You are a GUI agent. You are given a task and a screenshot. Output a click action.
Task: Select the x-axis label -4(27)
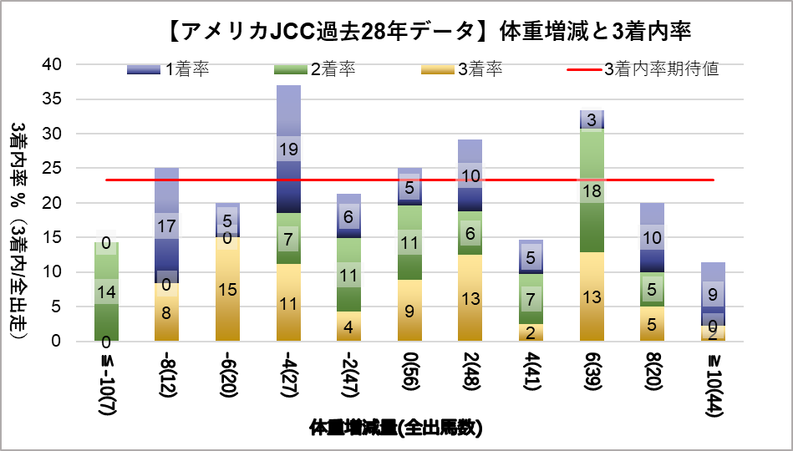coord(288,381)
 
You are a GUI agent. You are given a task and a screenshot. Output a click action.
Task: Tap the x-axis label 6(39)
coord(592,381)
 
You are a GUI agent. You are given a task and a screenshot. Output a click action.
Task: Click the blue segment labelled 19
coord(288,149)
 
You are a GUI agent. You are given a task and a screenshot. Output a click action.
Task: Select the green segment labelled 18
coord(592,190)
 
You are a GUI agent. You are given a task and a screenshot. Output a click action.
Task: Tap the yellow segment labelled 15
coord(227,289)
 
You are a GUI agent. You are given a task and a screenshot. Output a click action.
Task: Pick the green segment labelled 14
coord(106,292)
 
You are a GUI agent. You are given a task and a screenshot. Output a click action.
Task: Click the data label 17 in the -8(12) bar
coord(166,225)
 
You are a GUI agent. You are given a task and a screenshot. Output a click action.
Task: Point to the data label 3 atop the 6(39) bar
coord(592,119)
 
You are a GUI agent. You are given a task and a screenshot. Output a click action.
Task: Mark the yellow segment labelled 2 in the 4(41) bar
coord(531,332)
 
